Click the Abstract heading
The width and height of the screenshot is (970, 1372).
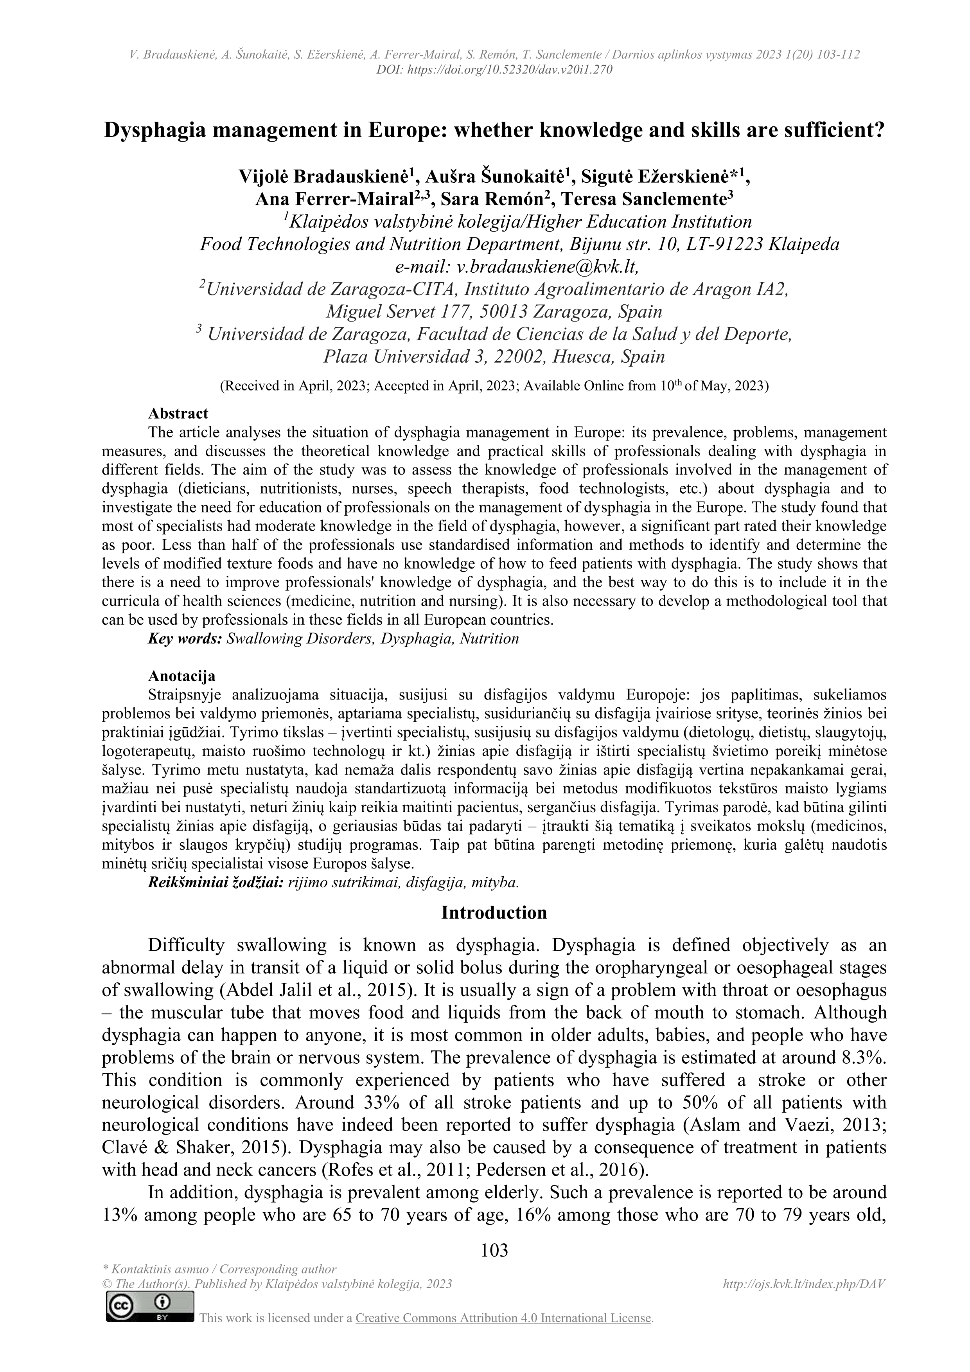click(178, 414)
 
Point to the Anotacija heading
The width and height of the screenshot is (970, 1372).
click(181, 676)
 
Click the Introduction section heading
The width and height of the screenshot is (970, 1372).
click(494, 912)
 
